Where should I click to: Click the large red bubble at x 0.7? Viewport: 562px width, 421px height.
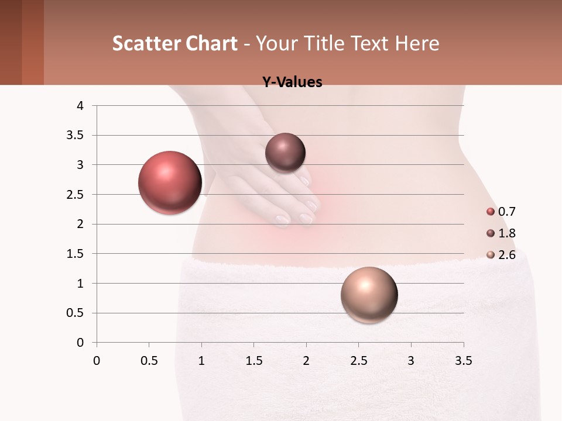point(170,182)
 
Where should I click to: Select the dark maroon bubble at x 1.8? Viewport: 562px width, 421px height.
point(285,153)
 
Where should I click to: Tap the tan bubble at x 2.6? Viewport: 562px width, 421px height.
point(369,295)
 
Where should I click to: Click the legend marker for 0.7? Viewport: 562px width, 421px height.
point(491,212)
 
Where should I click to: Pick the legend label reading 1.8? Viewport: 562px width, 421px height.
point(506,233)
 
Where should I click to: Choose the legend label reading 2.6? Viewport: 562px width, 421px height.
point(506,255)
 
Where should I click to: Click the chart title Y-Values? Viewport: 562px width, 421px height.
point(292,82)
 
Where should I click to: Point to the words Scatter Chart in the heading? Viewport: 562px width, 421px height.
point(174,43)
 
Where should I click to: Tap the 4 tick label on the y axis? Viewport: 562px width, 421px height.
point(81,106)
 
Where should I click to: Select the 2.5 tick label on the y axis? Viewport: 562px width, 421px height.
point(76,195)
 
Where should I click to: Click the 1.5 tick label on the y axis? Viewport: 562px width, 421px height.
point(76,254)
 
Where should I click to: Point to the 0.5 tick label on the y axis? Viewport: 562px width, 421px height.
point(76,313)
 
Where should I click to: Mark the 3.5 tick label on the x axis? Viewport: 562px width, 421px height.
point(463,361)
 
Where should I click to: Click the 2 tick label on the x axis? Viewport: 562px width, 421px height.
point(306,361)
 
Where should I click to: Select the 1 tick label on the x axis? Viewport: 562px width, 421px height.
point(201,361)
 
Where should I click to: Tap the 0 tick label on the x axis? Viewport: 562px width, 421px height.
point(97,361)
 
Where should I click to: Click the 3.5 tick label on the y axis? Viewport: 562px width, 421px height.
point(76,136)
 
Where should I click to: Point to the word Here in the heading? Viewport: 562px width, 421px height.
point(417,43)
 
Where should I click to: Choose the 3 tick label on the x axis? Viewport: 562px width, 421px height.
point(411,361)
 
